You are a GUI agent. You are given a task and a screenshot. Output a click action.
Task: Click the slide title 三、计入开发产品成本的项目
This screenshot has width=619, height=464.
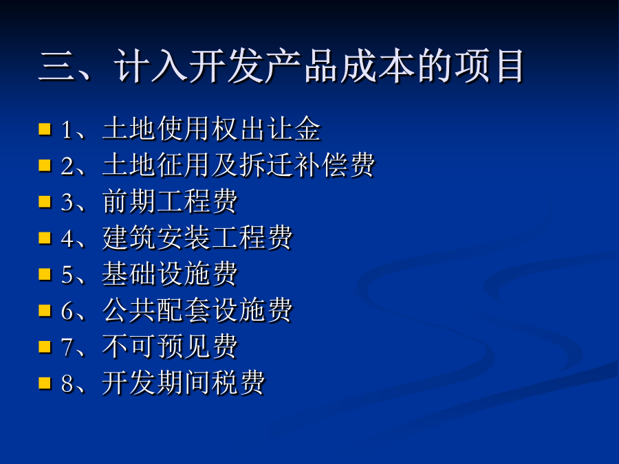281,66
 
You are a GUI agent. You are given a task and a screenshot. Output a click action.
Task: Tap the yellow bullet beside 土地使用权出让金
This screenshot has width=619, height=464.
45,129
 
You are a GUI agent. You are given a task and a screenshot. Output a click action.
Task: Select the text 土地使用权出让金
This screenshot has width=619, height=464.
211,129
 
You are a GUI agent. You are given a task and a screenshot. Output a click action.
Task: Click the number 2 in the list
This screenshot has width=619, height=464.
67,166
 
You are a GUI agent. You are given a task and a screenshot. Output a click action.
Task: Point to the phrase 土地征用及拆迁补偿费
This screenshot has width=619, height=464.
239,165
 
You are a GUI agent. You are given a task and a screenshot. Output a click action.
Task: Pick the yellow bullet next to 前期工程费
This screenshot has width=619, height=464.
45,201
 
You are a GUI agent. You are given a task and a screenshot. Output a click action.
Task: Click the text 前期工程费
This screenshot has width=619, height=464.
170,201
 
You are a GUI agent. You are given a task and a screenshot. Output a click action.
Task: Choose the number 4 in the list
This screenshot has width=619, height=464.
67,239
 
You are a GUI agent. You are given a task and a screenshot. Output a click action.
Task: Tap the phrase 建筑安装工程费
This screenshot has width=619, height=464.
197,238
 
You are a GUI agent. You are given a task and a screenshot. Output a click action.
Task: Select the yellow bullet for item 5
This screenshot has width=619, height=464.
45,274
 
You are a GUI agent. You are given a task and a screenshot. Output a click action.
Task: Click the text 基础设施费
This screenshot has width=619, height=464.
170,274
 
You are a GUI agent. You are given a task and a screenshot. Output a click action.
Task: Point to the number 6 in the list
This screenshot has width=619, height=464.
67,311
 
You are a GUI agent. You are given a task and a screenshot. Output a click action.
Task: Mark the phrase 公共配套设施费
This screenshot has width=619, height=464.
197,310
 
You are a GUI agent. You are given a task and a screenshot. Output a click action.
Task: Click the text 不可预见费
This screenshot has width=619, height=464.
170,346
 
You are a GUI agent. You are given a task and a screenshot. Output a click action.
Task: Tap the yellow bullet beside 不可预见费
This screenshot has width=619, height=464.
45,347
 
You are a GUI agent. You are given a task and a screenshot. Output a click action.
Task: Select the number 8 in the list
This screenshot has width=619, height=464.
67,384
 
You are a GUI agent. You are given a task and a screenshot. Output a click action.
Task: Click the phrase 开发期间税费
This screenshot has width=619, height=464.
184,383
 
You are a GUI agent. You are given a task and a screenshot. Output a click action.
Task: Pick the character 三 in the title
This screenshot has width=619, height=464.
56,66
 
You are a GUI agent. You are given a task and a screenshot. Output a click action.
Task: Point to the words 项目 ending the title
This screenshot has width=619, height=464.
489,66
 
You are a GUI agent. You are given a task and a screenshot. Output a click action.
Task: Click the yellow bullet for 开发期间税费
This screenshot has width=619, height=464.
45,383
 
